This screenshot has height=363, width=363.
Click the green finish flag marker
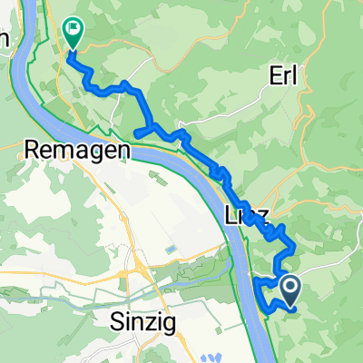coord(71,34)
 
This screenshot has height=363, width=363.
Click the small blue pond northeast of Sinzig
coord(172,248)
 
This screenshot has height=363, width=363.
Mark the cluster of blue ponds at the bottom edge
coord(214,356)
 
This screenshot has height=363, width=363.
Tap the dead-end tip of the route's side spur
coord(137,134)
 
